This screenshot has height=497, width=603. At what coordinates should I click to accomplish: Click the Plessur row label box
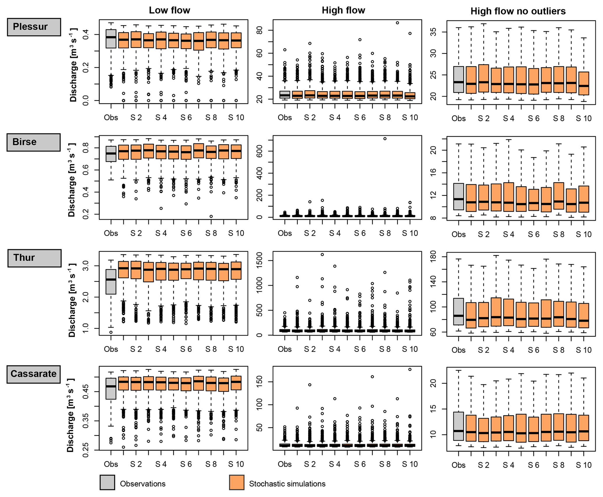click(34, 27)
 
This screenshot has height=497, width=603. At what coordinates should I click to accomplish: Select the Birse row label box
click(34, 142)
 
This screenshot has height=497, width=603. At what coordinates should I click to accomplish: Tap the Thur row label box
click(34, 258)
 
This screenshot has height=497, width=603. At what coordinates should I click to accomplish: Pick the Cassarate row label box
click(34, 374)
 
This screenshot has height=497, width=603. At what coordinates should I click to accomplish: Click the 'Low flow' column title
click(169, 10)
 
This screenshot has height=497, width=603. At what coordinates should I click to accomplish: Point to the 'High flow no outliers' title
click(518, 11)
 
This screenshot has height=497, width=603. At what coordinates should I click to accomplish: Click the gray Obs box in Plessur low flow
click(111, 39)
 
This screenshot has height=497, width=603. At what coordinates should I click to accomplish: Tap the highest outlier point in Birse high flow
click(385, 139)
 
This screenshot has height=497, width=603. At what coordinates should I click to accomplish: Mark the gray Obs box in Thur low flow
click(111, 281)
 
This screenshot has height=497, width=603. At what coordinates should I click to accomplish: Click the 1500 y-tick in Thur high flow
click(260, 260)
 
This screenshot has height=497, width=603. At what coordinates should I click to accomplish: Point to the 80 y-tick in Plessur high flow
click(260, 30)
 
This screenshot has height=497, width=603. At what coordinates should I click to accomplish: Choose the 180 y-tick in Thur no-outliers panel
click(434, 257)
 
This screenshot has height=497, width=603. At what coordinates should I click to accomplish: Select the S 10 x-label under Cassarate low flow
click(236, 464)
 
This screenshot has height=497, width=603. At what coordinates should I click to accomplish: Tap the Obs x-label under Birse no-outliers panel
click(459, 234)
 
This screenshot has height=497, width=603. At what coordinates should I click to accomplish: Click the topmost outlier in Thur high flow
click(322, 255)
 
